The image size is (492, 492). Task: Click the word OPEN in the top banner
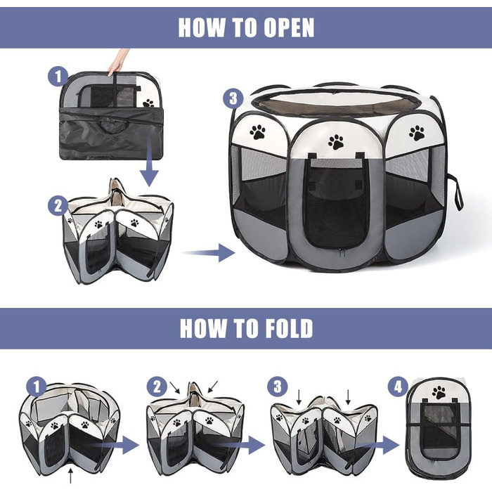pyautogui.click(x=289, y=27)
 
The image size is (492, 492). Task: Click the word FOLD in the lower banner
pyautogui.click(x=289, y=328)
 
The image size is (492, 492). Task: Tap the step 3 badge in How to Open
pyautogui.click(x=233, y=99)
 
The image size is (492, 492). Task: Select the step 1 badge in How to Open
pyautogui.click(x=58, y=77)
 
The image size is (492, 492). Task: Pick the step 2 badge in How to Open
pyautogui.click(x=58, y=206)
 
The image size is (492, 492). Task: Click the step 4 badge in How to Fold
pyautogui.click(x=398, y=387)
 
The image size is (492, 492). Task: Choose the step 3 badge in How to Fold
pyautogui.click(x=278, y=387)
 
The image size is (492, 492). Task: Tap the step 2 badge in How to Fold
pyautogui.click(x=157, y=387)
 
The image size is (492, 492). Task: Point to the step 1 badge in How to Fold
pyautogui.click(x=37, y=387)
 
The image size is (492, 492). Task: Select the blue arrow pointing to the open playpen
pyautogui.click(x=209, y=252)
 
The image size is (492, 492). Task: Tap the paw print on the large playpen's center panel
pyautogui.click(x=336, y=142)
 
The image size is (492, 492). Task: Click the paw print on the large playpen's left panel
pyautogui.click(x=258, y=132)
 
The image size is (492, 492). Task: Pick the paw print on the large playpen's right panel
pyautogui.click(x=417, y=133)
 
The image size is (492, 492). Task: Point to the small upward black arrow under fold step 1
pyautogui.click(x=70, y=476)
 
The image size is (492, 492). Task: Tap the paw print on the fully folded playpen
pyautogui.click(x=439, y=392)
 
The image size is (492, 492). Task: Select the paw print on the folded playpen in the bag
pyautogui.click(x=148, y=103)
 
